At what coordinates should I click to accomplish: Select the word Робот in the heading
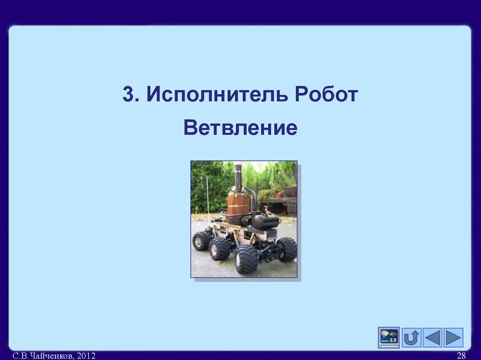pos(326,94)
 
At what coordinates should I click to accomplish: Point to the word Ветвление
pos(240,128)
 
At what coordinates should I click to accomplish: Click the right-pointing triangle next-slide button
pos(453,337)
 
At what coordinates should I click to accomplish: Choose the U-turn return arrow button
pos(411,337)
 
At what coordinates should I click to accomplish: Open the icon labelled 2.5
pos(388,337)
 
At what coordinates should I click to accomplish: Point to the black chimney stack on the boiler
pos(238,176)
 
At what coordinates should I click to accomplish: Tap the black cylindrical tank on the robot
pos(265,222)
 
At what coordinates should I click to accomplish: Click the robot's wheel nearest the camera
pos(246,259)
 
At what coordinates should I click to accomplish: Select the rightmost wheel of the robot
pos(287,249)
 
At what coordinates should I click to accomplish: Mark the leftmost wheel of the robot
pos(201,240)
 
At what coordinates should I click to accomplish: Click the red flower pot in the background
pos(279,195)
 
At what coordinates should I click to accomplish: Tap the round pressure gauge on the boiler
pos(233,188)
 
